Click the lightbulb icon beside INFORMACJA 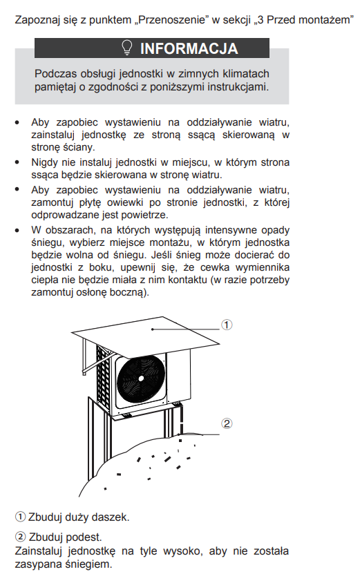pyautogui.click(x=127, y=48)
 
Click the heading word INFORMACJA pyautogui.click(x=189, y=48)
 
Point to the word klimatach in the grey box pyautogui.click(x=246, y=73)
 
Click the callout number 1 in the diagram pyautogui.click(x=227, y=325)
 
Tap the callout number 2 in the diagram pyautogui.click(x=227, y=423)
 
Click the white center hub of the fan pyautogui.click(x=141, y=378)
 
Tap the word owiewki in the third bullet pyautogui.click(x=125, y=202)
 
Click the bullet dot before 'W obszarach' pyautogui.click(x=17, y=231)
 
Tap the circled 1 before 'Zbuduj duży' pyautogui.click(x=20, y=517)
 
